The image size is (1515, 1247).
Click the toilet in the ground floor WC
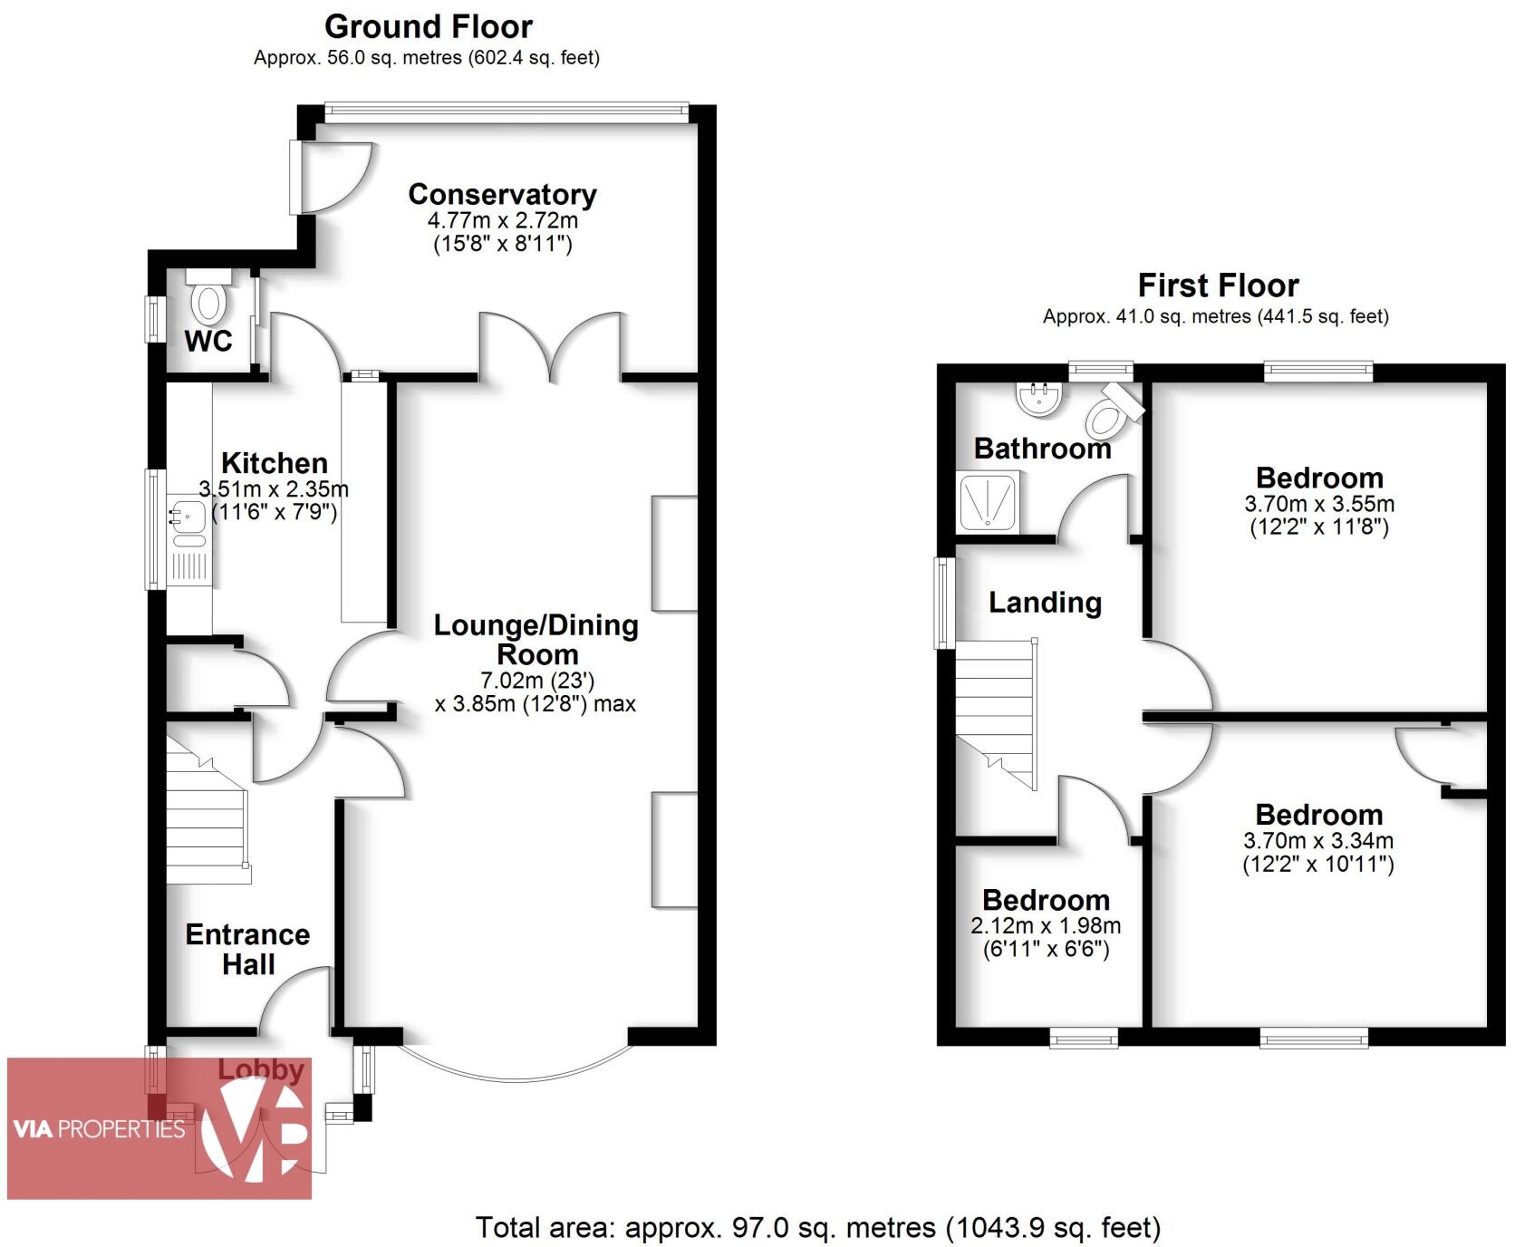click(x=208, y=300)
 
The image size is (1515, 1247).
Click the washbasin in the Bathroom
click(x=1038, y=398)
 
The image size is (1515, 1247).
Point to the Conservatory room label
click(x=502, y=194)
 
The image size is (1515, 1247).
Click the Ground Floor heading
click(x=428, y=26)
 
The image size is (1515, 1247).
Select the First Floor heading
click(x=1217, y=285)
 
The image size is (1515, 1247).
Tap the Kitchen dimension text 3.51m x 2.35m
click(x=274, y=489)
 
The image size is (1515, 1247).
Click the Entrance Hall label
click(x=247, y=949)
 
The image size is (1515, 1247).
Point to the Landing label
click(x=1045, y=603)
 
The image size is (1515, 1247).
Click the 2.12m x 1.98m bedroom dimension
click(x=1046, y=926)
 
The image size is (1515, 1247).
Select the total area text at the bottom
click(x=817, y=1227)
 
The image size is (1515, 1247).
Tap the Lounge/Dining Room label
click(x=536, y=640)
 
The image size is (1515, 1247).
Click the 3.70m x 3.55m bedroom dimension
click(x=1319, y=504)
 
